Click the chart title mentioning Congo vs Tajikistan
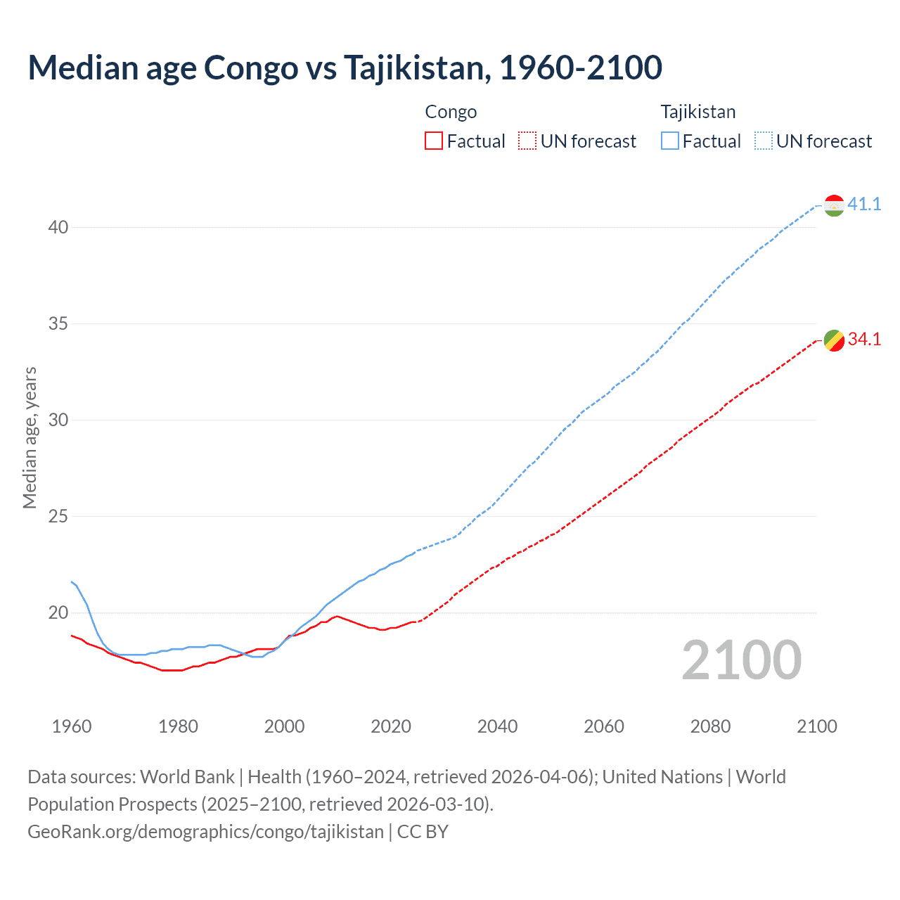click(x=345, y=67)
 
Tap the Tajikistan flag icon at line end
click(x=834, y=205)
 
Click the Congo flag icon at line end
click(x=834, y=340)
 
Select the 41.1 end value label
click(x=864, y=204)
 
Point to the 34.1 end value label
click(x=864, y=339)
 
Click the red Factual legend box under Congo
click(x=434, y=141)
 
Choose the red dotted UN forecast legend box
click(x=527, y=141)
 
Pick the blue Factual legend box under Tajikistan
click(x=669, y=141)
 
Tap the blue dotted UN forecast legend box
click(x=763, y=141)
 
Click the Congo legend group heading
click(x=451, y=112)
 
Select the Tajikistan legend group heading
click(x=697, y=112)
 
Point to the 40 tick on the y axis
click(x=58, y=227)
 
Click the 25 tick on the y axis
click(x=58, y=516)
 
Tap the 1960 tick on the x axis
click(x=72, y=726)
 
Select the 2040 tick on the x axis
click(x=497, y=726)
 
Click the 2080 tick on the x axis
click(x=710, y=726)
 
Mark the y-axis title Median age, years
click(x=30, y=437)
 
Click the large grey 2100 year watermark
click(x=741, y=660)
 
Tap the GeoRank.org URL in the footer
click(x=205, y=832)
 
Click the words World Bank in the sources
click(x=187, y=777)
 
